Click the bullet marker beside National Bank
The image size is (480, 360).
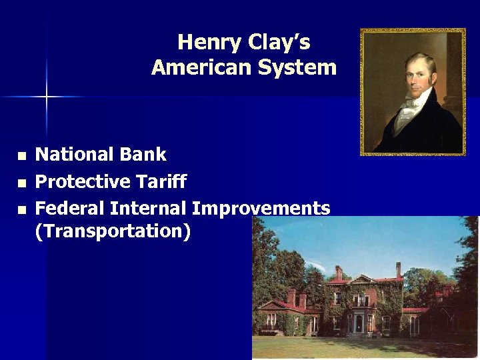pyautogui.click(x=21, y=156)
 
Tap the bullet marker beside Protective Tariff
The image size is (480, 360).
pyautogui.click(x=21, y=183)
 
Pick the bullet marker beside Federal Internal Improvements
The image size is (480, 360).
pyautogui.click(x=21, y=209)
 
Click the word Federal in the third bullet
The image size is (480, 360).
pyautogui.click(x=69, y=208)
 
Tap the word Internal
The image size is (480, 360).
pyautogui.click(x=148, y=208)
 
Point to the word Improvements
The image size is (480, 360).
pyautogui.click(x=261, y=208)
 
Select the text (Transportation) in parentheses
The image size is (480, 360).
pyautogui.click(x=112, y=231)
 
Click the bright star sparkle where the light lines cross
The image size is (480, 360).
pyautogui.click(x=47, y=97)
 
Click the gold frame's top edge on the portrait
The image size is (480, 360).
pyautogui.click(x=413, y=31)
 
